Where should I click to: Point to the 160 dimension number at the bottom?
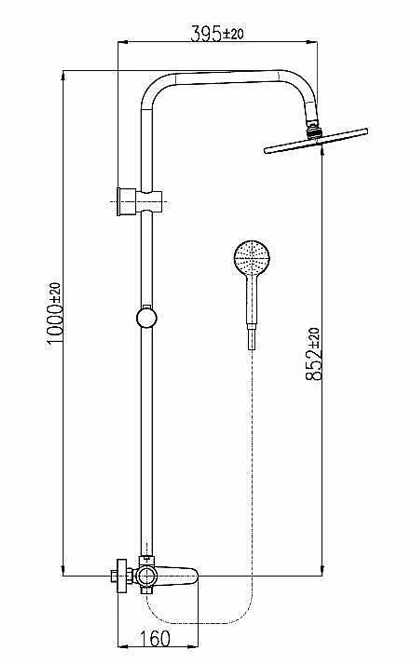pyautogui.click(x=155, y=639)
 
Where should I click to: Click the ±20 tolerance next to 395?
pyautogui.click(x=233, y=34)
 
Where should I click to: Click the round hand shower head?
pyautogui.click(x=252, y=257)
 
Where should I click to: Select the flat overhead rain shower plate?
pyautogui.click(x=316, y=141)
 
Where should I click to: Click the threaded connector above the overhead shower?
pyautogui.click(x=313, y=130)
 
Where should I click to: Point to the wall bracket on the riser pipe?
pyautogui.click(x=139, y=202)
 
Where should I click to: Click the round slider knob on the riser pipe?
pyautogui.click(x=147, y=318)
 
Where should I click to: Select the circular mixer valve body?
pyautogui.click(x=147, y=576)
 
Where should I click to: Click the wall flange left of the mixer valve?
pyautogui.click(x=122, y=576)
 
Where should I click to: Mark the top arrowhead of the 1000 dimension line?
pyautogui.click(x=63, y=75)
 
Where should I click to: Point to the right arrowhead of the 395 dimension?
pyautogui.click(x=312, y=42)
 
